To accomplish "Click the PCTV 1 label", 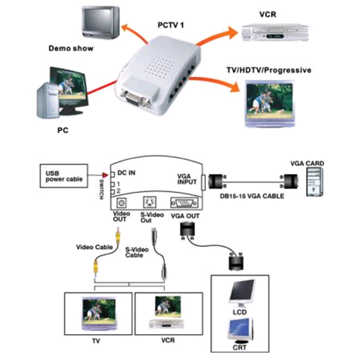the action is (171, 25).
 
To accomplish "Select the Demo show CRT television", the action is (101, 22).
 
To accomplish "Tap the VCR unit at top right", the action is (275, 32).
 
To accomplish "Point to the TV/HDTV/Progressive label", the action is (269, 71).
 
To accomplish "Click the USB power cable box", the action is (64, 176).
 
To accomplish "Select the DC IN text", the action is (126, 173).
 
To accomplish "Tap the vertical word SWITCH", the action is (102, 189).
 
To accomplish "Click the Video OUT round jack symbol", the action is (122, 203).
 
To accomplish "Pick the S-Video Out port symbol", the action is (150, 202).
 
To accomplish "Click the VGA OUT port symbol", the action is (184, 203).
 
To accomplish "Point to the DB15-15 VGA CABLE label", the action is (252, 196).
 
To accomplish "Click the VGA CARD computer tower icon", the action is (315, 182).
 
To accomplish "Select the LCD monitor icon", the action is (242, 293).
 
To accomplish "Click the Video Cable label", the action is (94, 247).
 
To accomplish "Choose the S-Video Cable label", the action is (137, 252).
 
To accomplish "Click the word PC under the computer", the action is (63, 130).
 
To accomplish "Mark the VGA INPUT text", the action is (186, 179).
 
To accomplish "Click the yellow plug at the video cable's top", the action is (117, 235).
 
